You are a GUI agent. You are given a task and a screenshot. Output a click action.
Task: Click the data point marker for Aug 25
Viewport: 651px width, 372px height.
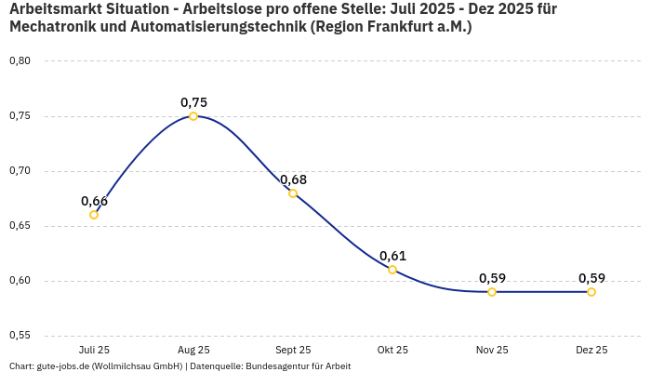tap(193, 116)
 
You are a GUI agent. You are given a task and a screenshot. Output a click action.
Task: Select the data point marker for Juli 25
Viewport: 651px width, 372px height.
tap(94, 215)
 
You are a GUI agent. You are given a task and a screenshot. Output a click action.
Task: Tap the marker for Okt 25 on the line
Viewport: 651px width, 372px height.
tap(392, 270)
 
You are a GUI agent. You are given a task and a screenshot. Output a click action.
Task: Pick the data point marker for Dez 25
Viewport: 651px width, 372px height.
tap(591, 292)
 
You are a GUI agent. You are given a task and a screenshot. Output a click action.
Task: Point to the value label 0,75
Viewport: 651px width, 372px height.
tap(193, 102)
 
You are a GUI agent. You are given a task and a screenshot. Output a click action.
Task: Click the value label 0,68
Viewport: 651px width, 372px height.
tap(293, 179)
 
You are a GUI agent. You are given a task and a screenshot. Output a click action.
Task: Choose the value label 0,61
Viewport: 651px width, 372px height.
tap(392, 256)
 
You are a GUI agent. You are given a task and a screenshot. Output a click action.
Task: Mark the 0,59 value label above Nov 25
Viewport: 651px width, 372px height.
tap(492, 278)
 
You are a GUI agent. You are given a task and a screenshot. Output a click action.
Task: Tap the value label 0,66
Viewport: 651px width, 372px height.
tap(94, 201)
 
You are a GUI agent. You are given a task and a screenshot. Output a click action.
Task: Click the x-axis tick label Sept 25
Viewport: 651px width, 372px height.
tap(293, 350)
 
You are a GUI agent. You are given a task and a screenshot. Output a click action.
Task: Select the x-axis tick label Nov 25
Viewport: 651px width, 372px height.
tap(492, 350)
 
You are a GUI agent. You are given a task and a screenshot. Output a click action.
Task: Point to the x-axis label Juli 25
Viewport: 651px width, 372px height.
tap(94, 350)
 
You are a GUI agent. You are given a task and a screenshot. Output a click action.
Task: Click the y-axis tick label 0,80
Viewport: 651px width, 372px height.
tap(20, 61)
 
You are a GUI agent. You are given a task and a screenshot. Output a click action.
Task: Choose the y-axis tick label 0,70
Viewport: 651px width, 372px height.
tap(20, 171)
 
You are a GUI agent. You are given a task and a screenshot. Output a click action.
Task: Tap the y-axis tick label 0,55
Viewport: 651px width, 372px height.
tap(20, 336)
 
